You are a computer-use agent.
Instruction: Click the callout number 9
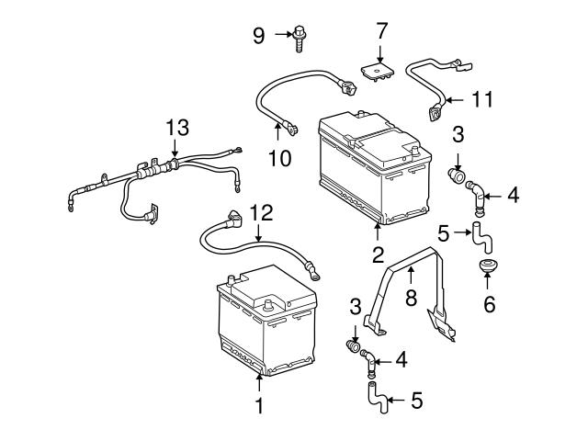tap(259, 36)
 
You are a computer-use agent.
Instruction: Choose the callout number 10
tap(279, 158)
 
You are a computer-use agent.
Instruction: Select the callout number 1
tap(259, 405)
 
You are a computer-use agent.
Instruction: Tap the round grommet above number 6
tap(488, 268)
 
